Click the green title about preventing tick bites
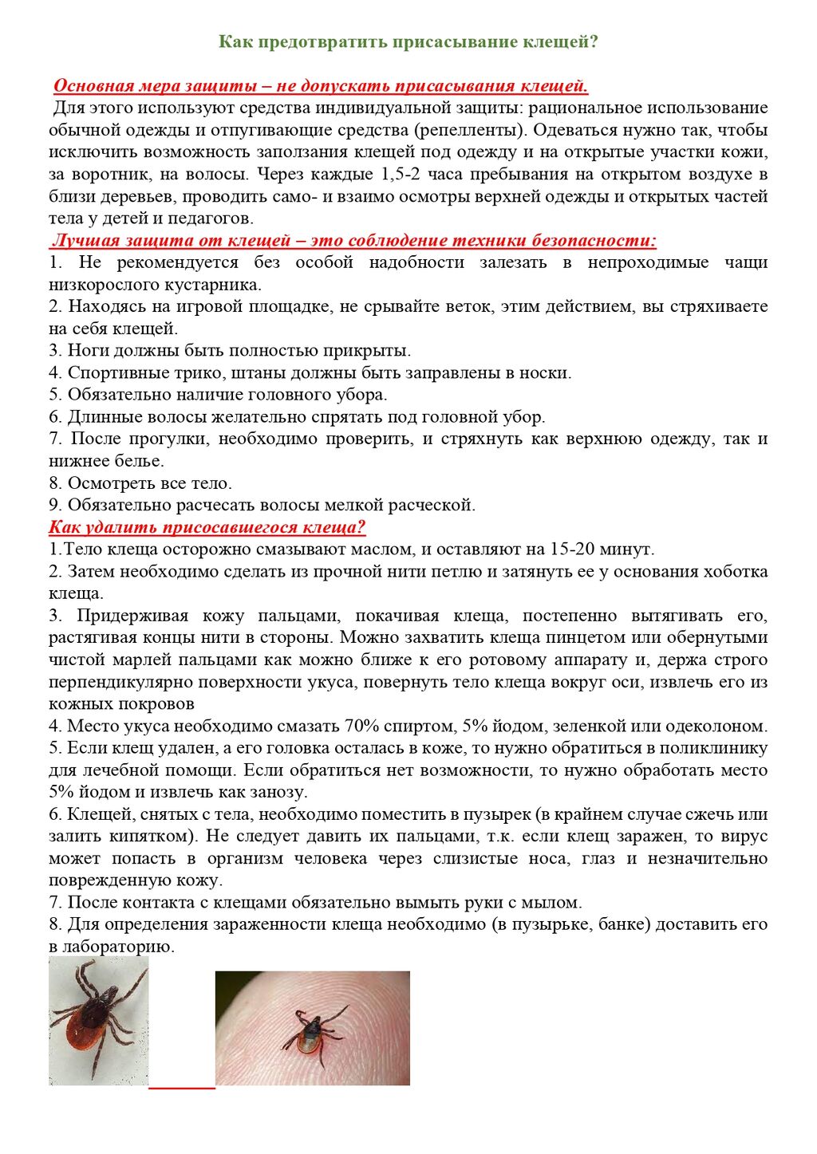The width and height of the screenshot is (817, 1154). [x=408, y=41]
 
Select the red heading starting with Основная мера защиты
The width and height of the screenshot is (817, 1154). [x=321, y=86]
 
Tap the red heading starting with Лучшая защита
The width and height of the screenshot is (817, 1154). [x=353, y=241]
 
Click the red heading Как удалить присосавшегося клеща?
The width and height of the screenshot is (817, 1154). [x=207, y=527]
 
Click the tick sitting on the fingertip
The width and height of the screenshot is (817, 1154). [x=313, y=1037]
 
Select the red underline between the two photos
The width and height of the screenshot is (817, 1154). [x=182, y=1086]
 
